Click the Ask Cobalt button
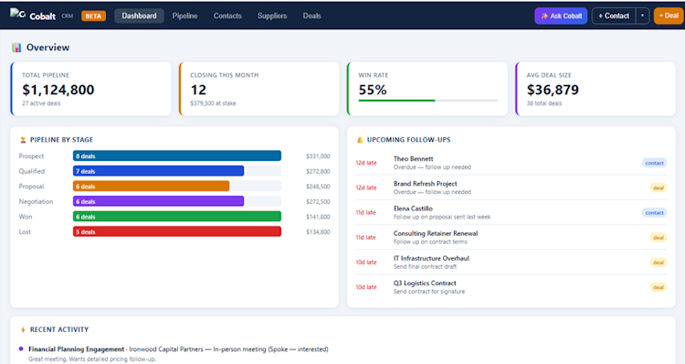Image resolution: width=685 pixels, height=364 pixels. (x=561, y=16)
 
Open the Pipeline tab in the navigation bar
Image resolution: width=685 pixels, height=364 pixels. (x=184, y=16)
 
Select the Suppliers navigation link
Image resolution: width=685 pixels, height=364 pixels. (x=272, y=16)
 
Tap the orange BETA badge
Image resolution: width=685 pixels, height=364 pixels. (x=93, y=16)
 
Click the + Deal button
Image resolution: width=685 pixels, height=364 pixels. (x=669, y=16)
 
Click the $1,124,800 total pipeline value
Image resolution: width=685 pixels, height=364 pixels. (x=58, y=90)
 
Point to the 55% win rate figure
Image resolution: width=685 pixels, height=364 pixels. (x=373, y=90)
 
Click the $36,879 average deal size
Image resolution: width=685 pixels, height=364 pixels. (x=553, y=90)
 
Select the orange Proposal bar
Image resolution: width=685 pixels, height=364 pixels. (x=151, y=187)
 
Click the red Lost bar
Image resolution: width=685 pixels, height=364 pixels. (x=177, y=232)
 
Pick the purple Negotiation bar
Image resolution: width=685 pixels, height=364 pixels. (x=158, y=201)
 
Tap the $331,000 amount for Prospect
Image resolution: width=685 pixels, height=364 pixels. (x=318, y=156)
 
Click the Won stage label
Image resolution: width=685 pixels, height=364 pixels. (x=26, y=217)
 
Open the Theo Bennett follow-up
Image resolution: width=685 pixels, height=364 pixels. (x=413, y=159)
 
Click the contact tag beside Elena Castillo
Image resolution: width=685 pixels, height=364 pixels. (x=655, y=212)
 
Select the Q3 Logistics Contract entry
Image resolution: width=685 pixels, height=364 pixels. (x=425, y=284)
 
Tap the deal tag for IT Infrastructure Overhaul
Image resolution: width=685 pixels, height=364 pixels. (x=659, y=262)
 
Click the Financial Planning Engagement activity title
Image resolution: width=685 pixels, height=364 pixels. (x=77, y=349)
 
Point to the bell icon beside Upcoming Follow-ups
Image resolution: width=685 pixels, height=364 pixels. (x=360, y=140)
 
